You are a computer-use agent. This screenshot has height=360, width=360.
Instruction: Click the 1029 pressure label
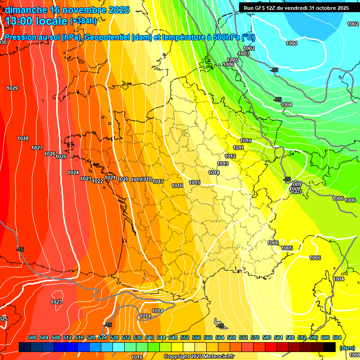click(12, 88)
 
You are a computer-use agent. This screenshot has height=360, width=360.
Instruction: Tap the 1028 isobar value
click(23, 138)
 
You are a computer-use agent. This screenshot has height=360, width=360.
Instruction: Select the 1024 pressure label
click(73, 172)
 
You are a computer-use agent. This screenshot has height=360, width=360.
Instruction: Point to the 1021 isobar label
click(110, 178)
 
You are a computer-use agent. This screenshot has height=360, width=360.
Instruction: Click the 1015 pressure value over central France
click(195, 182)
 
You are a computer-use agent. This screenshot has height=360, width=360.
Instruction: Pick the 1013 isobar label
click(223, 164)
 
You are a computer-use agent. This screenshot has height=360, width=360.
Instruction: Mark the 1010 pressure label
click(246, 141)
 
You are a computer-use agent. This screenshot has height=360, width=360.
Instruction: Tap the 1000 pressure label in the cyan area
click(292, 43)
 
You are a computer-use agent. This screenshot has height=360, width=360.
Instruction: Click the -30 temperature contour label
click(275, 70)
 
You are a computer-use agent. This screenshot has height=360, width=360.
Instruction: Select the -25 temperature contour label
click(277, 99)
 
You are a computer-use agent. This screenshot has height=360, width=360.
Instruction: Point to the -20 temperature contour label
click(287, 179)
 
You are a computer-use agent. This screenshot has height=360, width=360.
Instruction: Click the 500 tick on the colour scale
click(32, 337)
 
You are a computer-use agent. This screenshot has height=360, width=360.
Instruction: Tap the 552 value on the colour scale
click(185, 337)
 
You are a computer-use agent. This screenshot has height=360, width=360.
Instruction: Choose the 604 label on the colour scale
click(337, 337)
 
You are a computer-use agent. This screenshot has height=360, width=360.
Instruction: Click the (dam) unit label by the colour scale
click(347, 348)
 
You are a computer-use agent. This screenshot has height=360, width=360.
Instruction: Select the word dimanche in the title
click(25, 10)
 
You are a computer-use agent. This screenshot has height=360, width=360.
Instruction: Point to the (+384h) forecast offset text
click(83, 21)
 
